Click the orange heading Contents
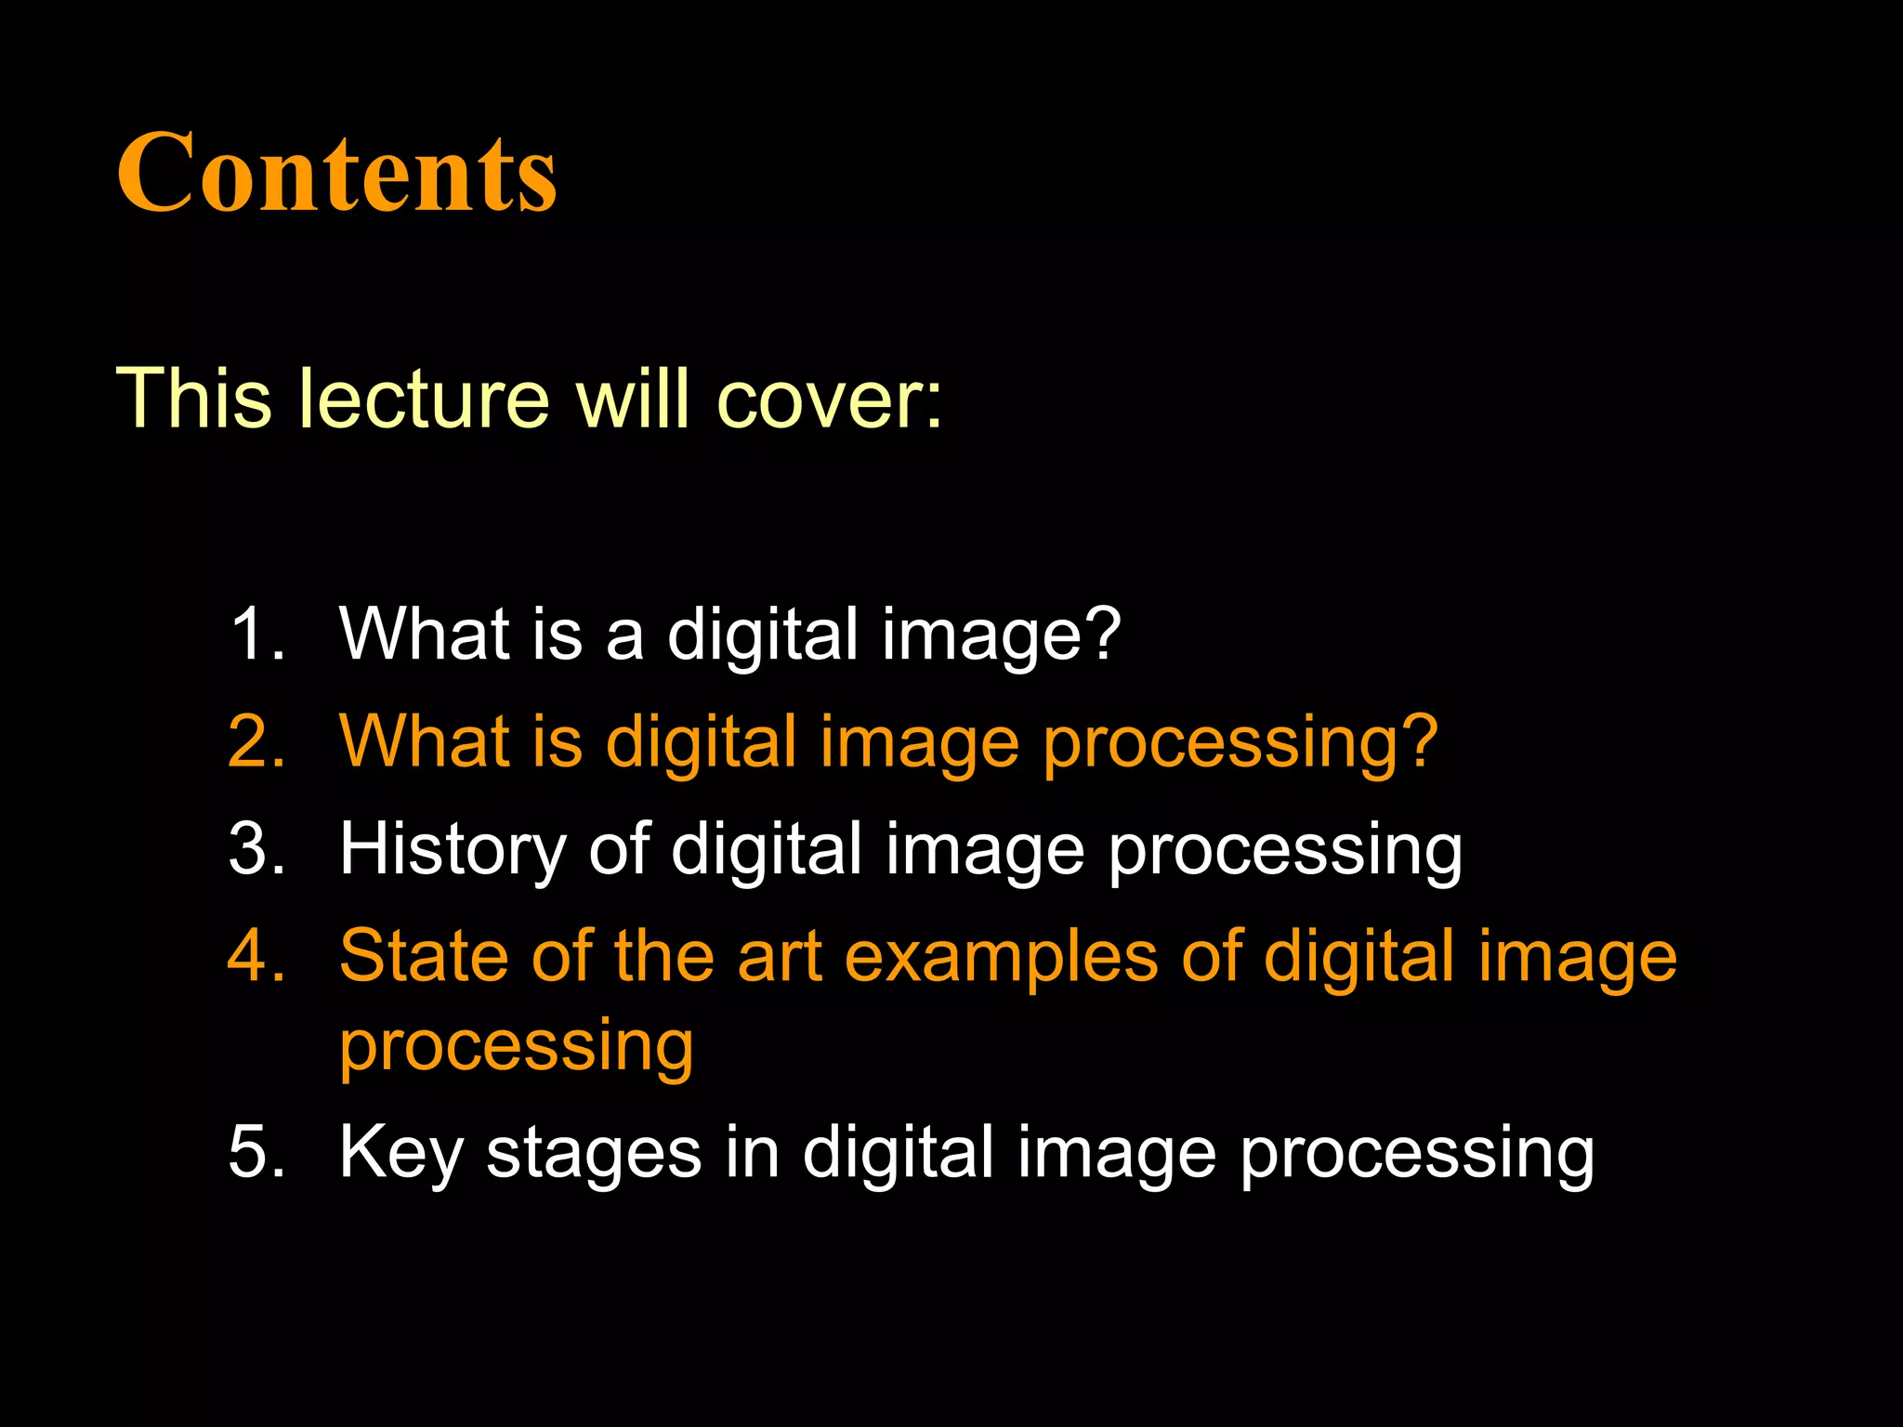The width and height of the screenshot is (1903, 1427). [x=336, y=173]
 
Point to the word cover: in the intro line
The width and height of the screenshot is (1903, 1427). [x=830, y=399]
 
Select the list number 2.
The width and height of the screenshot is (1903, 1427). [x=256, y=741]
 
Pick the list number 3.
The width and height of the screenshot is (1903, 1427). [x=256, y=848]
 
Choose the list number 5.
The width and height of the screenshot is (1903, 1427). [x=256, y=1152]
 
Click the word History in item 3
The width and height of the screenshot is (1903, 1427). [x=452, y=850]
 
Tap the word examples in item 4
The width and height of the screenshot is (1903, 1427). [x=1001, y=957]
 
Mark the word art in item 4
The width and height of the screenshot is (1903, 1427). [x=780, y=957]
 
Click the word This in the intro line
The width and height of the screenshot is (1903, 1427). [x=193, y=399]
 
